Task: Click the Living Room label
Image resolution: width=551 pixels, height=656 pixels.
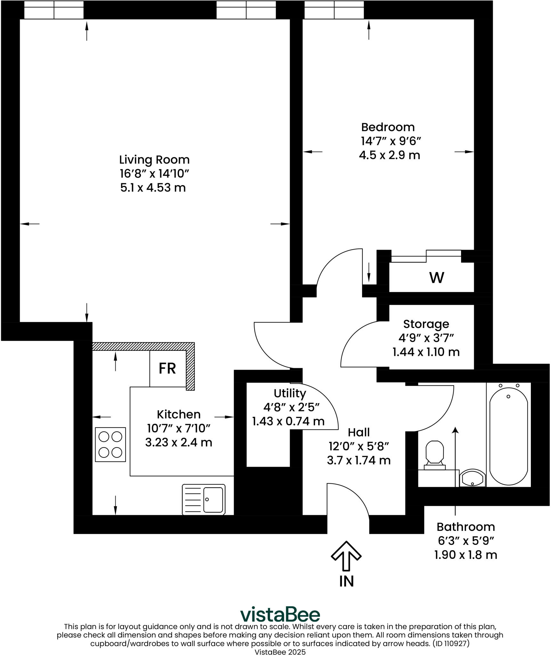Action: coord(154,160)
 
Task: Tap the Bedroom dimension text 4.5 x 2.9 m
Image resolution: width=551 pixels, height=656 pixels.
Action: coord(389,155)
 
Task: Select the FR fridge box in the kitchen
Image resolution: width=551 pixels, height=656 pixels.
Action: coord(167,368)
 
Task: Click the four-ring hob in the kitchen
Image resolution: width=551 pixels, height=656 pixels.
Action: coord(110,444)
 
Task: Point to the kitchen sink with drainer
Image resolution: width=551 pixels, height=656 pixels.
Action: coord(204,499)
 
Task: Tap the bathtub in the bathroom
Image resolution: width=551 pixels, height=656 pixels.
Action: coord(508,436)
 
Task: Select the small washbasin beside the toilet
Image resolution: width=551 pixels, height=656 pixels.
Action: coord(473,479)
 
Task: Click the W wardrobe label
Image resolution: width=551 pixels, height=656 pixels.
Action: coord(437,278)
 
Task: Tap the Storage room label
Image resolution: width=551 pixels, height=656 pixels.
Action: coord(426,324)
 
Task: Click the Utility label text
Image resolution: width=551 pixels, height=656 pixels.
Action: coord(290,393)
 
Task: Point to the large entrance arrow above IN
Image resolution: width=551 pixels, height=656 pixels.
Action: coord(346,556)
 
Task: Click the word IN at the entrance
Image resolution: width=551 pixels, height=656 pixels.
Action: coord(346,581)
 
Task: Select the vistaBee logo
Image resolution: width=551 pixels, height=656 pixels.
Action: coord(280,614)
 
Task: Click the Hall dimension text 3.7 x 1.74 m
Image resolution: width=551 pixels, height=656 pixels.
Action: coord(359,460)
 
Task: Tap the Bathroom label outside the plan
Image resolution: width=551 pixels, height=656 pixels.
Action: coord(466,527)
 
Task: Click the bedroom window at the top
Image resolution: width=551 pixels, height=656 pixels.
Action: coord(334,10)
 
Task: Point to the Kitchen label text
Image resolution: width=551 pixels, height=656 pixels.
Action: coord(179,414)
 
